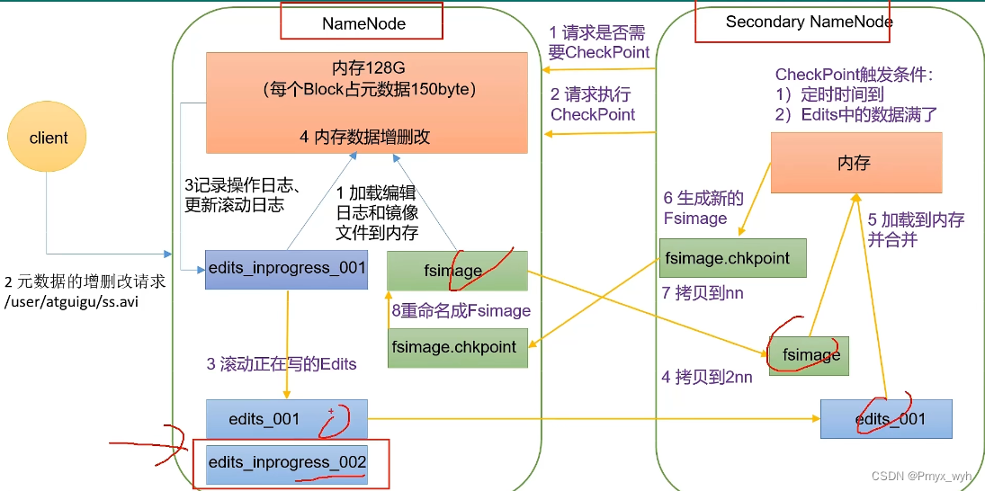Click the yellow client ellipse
[49, 138]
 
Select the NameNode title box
[362, 22]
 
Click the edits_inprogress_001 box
[286, 268]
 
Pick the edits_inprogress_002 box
[286, 462]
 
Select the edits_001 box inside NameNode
[286, 419]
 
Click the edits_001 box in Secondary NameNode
[886, 419]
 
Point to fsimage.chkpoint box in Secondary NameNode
[732, 257]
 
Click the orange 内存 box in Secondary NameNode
[855, 163]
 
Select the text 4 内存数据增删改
[364, 137]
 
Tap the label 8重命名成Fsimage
[461, 310]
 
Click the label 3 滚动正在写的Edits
[282, 364]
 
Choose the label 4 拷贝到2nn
[707, 377]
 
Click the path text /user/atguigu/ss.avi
[71, 302]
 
